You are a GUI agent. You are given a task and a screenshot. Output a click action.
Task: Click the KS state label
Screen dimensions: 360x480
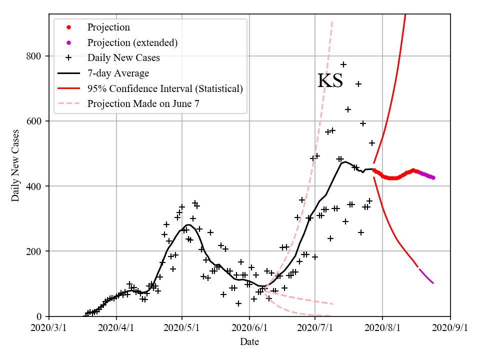point(330,81)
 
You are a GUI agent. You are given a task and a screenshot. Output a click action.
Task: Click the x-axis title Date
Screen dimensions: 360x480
point(249,342)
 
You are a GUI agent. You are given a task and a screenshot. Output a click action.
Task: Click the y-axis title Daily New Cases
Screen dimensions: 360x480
point(15,165)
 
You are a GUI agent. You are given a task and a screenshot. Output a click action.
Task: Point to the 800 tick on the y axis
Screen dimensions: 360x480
point(34,56)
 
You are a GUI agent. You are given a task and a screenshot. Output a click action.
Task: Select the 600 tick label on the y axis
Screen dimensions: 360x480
point(34,121)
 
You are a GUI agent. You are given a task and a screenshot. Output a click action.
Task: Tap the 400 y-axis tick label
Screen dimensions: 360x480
point(34,186)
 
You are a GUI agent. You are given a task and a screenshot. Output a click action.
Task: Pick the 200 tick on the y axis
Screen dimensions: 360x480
point(34,251)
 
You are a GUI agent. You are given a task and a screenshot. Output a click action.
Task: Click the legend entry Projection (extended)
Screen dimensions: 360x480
point(132,42)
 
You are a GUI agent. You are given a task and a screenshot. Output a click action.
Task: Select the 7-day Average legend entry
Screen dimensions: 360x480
point(118,73)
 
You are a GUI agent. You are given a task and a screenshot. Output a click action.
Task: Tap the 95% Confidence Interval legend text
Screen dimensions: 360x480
point(165,88)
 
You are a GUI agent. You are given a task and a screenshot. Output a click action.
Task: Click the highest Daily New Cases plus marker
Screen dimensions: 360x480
point(343,64)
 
